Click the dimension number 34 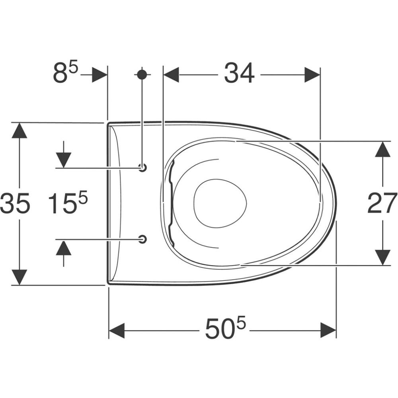click(239, 73)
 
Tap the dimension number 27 click(382, 203)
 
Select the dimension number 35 click(15, 203)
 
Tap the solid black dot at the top click(142, 74)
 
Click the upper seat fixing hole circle click(143, 168)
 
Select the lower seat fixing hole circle click(143, 239)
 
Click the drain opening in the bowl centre click(220, 203)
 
